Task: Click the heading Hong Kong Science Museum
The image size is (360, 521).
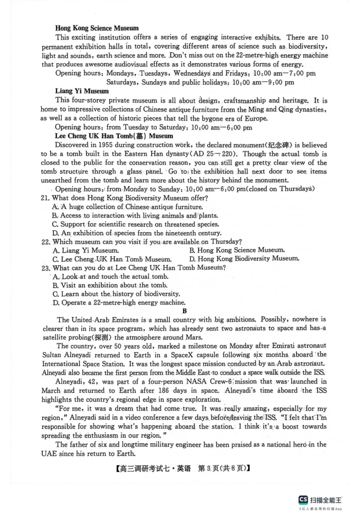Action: [97, 28]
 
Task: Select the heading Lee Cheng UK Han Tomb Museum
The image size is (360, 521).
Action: [114, 135]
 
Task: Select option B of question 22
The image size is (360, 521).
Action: [237, 250]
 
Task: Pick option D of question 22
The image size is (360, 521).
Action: [244, 259]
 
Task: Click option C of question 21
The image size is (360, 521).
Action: [135, 224]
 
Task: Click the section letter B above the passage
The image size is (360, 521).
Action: [184, 311]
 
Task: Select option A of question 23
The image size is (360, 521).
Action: [110, 276]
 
